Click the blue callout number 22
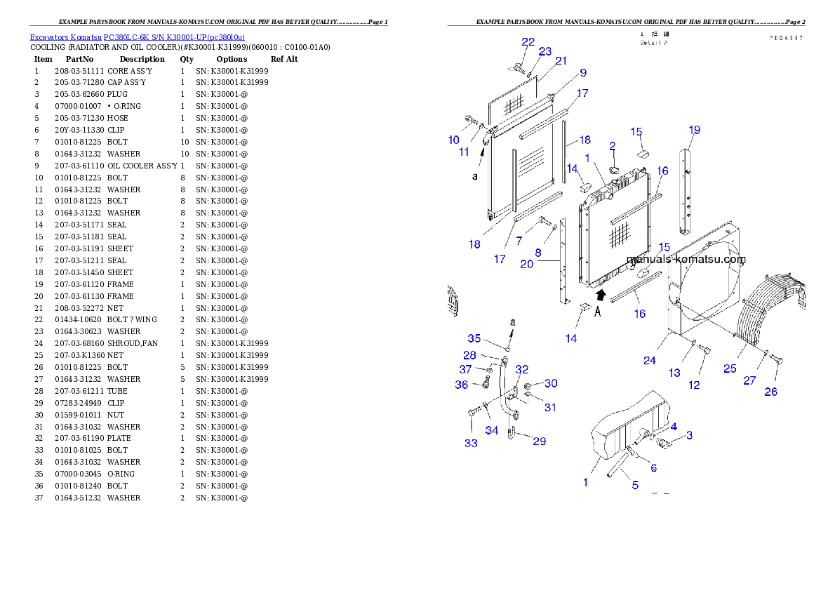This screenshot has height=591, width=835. pyautogui.click(x=528, y=42)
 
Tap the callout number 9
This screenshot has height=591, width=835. pyautogui.click(x=583, y=72)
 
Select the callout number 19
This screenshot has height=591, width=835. pyautogui.click(x=694, y=130)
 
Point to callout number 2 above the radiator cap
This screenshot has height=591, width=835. pyautogui.click(x=612, y=146)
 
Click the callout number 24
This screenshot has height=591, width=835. pyautogui.click(x=650, y=361)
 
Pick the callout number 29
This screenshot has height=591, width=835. pyautogui.click(x=539, y=441)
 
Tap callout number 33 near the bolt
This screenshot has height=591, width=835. pyautogui.click(x=471, y=443)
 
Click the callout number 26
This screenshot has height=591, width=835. pyautogui.click(x=770, y=392)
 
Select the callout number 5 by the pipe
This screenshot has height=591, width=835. pyautogui.click(x=635, y=485)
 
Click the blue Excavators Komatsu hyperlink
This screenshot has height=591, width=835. pyautogui.click(x=137, y=37)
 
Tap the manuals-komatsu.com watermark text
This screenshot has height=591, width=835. pyautogui.click(x=686, y=259)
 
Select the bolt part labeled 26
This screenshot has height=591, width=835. pyautogui.click(x=775, y=361)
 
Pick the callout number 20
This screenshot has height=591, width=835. pyautogui.click(x=526, y=264)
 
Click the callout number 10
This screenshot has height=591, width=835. pyautogui.click(x=454, y=140)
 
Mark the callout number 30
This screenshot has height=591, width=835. pyautogui.click(x=551, y=383)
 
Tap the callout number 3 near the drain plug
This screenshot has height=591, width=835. pyautogui.click(x=689, y=435)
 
